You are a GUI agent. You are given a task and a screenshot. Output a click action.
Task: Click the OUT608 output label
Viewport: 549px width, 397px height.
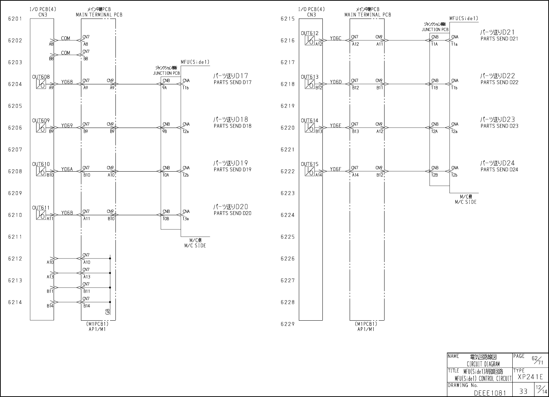[41, 77]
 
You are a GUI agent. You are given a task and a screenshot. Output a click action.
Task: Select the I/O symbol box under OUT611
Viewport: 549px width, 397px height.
[41, 215]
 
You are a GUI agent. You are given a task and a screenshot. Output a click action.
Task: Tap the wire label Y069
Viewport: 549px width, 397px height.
[67, 126]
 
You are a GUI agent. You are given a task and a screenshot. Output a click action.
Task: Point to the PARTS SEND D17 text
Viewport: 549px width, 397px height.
[232, 83]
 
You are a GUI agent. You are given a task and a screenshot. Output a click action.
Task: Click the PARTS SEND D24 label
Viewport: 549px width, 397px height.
[499, 170]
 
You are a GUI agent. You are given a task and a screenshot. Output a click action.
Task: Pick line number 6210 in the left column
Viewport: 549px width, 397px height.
[15, 215]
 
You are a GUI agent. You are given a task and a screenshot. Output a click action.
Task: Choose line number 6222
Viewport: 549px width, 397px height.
[287, 172]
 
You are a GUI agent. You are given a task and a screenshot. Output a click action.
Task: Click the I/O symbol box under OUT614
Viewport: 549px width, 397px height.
[309, 128]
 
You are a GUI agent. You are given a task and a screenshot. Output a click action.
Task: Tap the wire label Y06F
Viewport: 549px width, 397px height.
[335, 169]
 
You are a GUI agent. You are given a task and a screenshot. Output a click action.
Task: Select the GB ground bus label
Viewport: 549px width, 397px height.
[107, 312]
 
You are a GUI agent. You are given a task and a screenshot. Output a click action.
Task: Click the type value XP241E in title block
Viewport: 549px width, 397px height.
[530, 377]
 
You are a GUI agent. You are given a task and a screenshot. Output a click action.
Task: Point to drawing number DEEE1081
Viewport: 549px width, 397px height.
[490, 393]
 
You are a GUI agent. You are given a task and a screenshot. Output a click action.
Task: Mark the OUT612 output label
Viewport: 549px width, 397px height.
[309, 33]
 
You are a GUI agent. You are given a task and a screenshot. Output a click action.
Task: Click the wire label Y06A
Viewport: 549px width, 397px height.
[67, 169]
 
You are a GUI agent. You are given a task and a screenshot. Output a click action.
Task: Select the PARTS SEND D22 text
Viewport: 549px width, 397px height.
[499, 83]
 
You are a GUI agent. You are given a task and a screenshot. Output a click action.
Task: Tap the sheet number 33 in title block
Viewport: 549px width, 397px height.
[523, 392]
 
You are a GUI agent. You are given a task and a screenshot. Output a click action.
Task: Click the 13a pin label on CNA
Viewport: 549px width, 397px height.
[186, 219]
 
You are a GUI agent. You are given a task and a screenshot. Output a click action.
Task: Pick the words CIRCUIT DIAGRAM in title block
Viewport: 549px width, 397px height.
[483, 364]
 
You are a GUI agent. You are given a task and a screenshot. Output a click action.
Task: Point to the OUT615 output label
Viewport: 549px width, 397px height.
[309, 164]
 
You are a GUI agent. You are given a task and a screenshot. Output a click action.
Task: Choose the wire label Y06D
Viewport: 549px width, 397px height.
[335, 82]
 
